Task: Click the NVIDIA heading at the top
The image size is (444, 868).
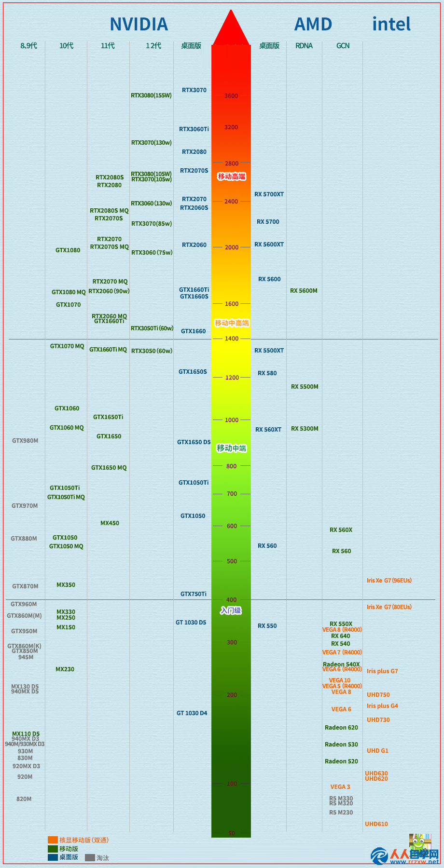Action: pyautogui.click(x=139, y=24)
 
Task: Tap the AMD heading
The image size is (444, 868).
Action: pyautogui.click(x=313, y=24)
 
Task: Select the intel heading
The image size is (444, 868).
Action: pyautogui.click(x=391, y=24)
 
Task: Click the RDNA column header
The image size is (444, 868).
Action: pyautogui.click(x=304, y=46)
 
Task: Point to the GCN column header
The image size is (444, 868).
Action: pyautogui.click(x=343, y=46)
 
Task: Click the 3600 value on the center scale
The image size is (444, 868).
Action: pyautogui.click(x=231, y=96)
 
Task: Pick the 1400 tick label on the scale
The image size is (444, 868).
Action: pyautogui.click(x=232, y=339)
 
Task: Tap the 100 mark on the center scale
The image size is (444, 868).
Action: pyautogui.click(x=232, y=784)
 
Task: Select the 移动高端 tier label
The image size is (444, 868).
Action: pyautogui.click(x=232, y=176)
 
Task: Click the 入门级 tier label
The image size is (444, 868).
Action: pyautogui.click(x=231, y=610)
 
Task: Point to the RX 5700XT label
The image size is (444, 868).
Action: pyautogui.click(x=269, y=194)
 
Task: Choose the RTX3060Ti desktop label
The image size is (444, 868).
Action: pyautogui.click(x=194, y=129)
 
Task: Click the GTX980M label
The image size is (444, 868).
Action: pyautogui.click(x=25, y=441)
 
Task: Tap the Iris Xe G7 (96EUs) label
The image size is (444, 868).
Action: pyautogui.click(x=389, y=581)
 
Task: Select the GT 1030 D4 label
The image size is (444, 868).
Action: pyautogui.click(x=192, y=713)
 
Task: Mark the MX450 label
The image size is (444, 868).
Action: pyautogui.click(x=110, y=523)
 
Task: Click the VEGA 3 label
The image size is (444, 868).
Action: pyautogui.click(x=340, y=787)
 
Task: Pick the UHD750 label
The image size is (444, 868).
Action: pyautogui.click(x=378, y=695)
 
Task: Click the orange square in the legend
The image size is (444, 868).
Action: pyautogui.click(x=53, y=840)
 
